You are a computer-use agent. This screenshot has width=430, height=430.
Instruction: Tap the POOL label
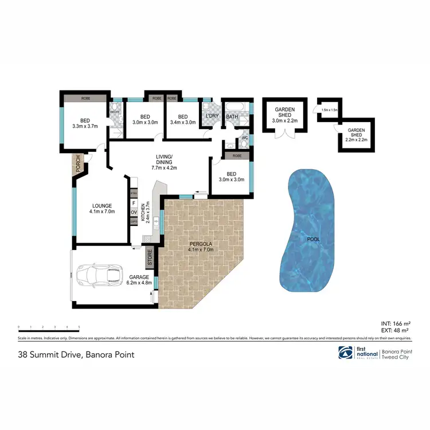(x=314, y=239)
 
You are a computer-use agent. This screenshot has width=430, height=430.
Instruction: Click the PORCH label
(x=77, y=164)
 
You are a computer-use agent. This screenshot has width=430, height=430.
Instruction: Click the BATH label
(x=232, y=117)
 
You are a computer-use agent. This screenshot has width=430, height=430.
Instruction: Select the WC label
(x=244, y=138)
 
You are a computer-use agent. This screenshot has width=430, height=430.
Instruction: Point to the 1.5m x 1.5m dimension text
(x=330, y=110)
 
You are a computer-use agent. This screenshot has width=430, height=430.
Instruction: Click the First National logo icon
(x=346, y=353)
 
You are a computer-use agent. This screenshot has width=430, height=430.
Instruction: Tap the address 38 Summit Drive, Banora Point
(x=77, y=354)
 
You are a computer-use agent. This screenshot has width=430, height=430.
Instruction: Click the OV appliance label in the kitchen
(x=134, y=212)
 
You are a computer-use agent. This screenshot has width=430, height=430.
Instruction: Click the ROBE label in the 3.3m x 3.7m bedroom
(x=85, y=99)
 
